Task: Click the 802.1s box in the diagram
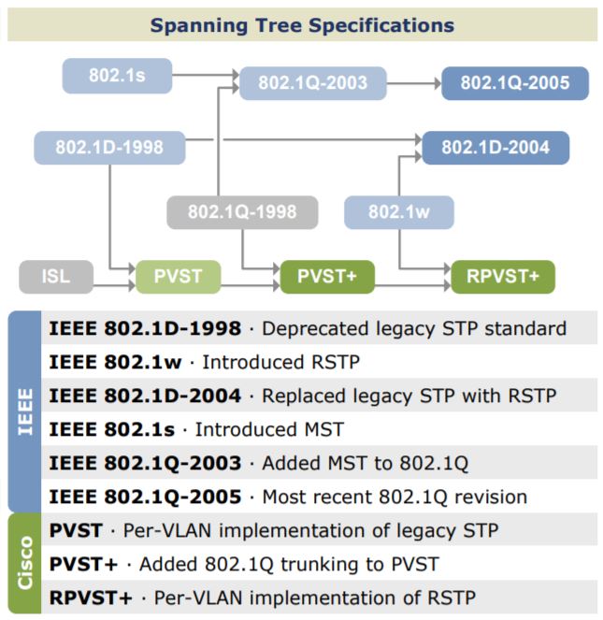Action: click(117, 76)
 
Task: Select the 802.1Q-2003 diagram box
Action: click(313, 82)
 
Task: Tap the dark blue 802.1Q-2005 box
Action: click(514, 82)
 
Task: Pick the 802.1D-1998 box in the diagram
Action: click(110, 148)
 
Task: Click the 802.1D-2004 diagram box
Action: click(495, 148)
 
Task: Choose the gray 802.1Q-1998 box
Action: click(242, 212)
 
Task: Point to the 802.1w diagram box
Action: click(398, 212)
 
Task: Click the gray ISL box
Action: click(56, 277)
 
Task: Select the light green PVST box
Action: click(179, 277)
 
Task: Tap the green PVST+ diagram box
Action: click(327, 277)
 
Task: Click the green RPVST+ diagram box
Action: click(502, 277)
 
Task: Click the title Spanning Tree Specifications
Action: click(302, 25)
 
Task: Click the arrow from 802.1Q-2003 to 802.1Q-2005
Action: click(413, 83)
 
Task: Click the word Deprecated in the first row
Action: click(307, 328)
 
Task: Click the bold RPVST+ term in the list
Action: click(91, 597)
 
